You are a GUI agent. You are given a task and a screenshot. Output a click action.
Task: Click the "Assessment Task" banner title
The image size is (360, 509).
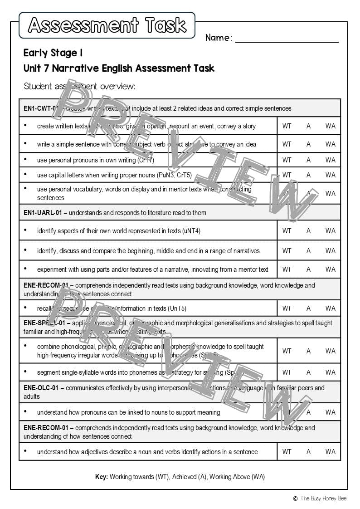[107, 25]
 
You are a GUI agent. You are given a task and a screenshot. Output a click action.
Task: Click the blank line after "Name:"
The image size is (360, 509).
[287, 38]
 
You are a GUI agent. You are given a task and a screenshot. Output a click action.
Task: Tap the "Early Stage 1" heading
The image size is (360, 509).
[53, 53]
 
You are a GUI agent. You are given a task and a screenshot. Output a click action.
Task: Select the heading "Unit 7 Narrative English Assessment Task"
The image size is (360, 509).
[119, 69]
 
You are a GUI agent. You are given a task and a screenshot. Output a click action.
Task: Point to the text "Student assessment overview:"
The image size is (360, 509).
[79, 86]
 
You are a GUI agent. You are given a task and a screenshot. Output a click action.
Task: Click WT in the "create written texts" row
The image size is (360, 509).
[287, 126]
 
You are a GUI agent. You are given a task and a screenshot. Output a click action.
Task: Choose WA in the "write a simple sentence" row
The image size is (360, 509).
[330, 144]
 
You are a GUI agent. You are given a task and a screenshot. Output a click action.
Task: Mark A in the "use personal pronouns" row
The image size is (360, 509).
[308, 160]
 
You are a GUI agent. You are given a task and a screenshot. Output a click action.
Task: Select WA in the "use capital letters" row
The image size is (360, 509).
[330, 175]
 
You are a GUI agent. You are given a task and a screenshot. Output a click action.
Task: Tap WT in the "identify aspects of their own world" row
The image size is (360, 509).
[287, 231]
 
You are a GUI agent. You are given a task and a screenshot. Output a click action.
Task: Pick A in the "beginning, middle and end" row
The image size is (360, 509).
[308, 251]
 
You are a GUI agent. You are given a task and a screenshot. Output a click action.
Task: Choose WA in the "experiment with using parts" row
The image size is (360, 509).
[330, 269]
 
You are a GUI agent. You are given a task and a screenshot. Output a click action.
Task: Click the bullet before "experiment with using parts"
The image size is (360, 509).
[25, 269]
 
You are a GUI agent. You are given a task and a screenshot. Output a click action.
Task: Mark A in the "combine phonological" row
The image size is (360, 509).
[308, 351]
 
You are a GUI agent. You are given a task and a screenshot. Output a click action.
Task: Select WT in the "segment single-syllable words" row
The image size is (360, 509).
[287, 372]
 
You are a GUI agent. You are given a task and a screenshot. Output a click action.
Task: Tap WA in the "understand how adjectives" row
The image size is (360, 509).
[330, 452]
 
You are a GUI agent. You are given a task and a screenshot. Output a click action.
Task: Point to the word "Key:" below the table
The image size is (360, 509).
[101, 477]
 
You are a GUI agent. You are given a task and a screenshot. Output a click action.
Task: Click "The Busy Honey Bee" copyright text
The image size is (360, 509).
[323, 499]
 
